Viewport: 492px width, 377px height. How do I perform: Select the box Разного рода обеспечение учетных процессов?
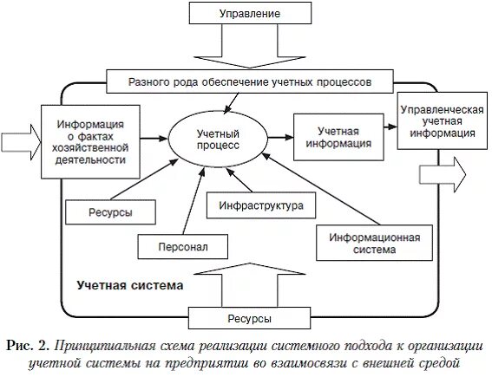[x=250, y=81]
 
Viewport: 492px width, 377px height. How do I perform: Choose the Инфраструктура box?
[x=261, y=206]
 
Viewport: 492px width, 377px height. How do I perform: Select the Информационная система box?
[x=368, y=243]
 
